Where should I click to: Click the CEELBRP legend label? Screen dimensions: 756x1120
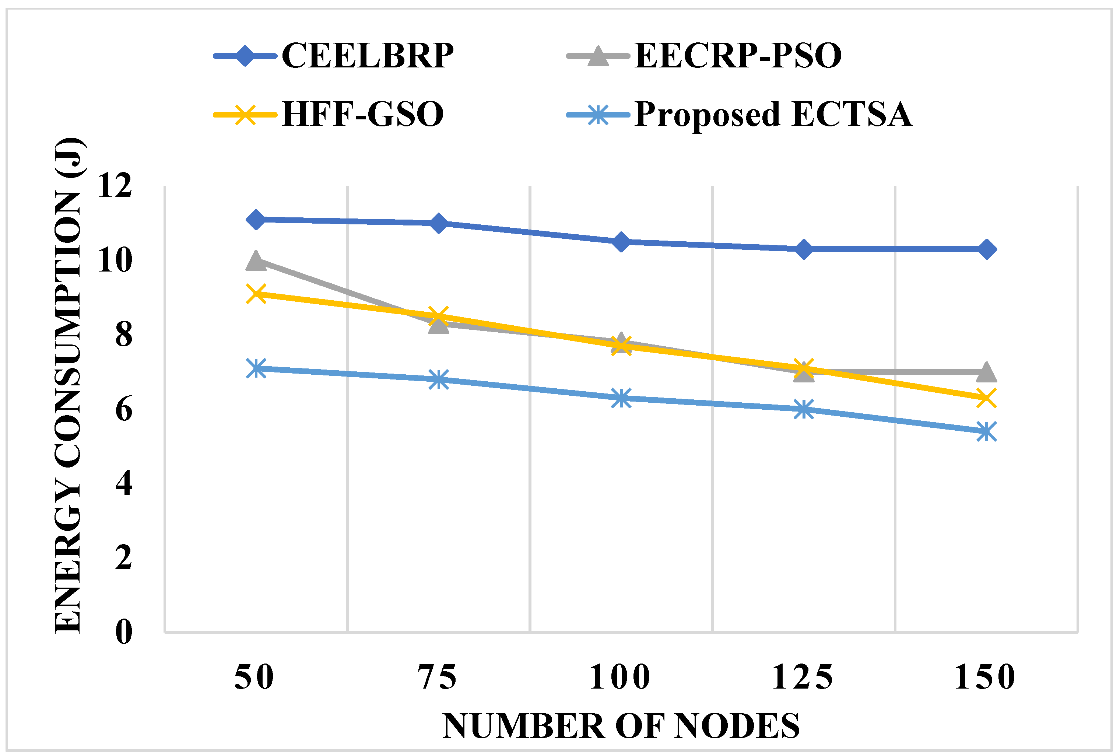tap(367, 55)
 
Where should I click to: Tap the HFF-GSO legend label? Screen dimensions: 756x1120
tap(362, 114)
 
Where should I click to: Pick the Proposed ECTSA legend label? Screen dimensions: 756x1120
tap(773, 114)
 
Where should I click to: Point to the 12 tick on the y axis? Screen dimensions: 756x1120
tap(115, 186)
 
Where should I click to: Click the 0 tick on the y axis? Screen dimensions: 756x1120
tap(123, 631)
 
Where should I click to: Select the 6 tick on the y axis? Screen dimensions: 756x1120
tap(123, 409)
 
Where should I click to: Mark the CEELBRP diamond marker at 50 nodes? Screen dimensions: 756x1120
tap(256, 219)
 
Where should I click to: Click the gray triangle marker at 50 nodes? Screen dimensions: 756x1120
tap(256, 261)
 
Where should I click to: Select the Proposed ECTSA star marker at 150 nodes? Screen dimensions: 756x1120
tap(987, 431)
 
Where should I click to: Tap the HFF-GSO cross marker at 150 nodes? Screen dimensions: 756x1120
tap(987, 398)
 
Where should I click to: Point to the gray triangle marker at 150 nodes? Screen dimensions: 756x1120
tap(987, 372)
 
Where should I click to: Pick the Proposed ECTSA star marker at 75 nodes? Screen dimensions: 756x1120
tap(439, 379)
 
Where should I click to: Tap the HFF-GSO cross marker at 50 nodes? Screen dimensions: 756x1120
tap(256, 294)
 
